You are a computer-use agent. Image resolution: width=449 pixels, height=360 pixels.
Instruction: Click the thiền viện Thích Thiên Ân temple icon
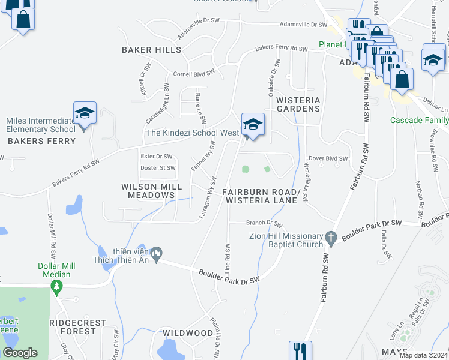click(157, 254)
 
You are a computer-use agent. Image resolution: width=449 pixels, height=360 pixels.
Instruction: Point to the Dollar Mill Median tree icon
click(57, 287)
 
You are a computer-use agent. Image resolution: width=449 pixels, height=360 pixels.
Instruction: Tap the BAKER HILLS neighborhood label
click(151, 50)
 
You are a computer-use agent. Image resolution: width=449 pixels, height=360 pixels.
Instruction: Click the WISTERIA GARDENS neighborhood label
click(298, 104)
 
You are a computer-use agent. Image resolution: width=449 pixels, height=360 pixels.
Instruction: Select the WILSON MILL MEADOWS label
click(148, 191)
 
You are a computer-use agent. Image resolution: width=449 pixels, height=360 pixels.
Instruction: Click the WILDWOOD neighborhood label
click(188, 333)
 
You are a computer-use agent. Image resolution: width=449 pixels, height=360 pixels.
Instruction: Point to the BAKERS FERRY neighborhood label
click(41, 142)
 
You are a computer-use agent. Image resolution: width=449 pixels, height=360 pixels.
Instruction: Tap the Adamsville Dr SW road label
click(303, 25)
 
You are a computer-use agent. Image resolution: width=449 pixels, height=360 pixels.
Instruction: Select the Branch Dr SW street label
click(264, 223)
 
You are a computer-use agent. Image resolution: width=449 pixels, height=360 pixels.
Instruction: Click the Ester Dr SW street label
click(156, 156)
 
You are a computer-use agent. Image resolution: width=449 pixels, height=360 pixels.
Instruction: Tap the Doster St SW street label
click(158, 168)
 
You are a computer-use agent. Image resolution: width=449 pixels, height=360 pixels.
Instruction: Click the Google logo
click(20, 353)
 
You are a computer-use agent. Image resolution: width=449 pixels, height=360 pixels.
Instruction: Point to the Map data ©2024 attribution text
click(423, 355)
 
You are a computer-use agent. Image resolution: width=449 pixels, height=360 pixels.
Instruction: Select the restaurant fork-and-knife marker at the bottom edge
click(300, 351)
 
